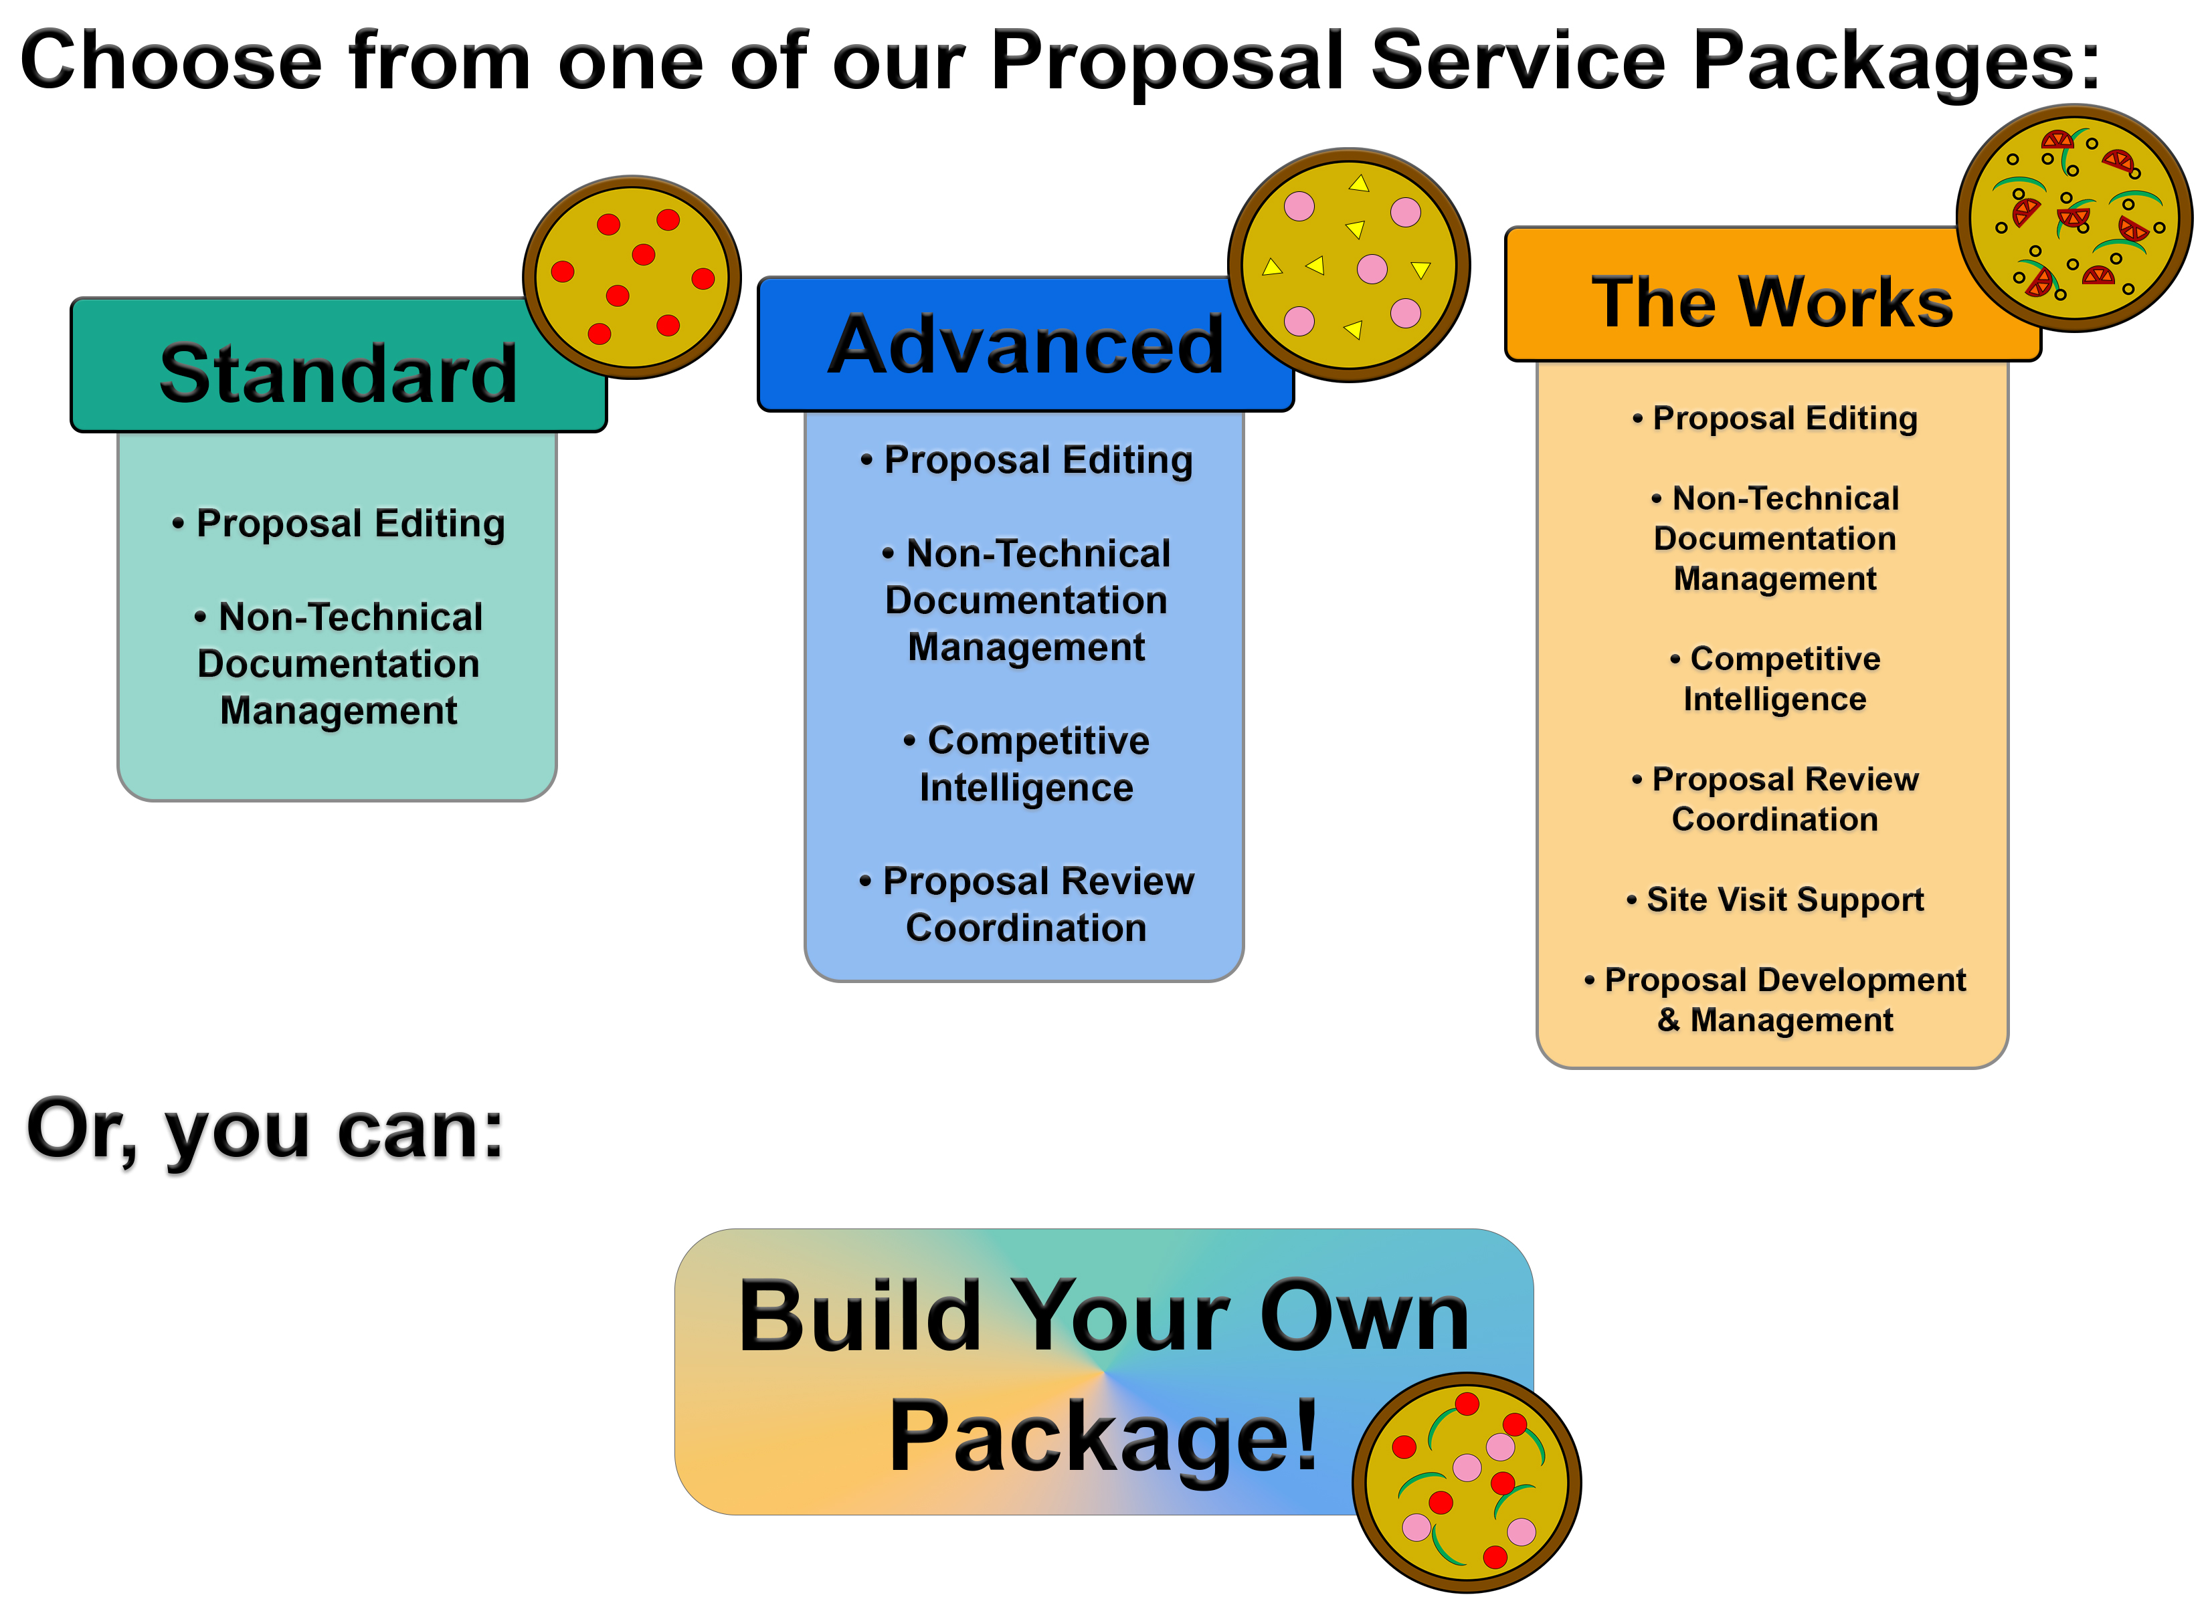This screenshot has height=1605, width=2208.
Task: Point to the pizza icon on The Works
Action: click(x=2074, y=218)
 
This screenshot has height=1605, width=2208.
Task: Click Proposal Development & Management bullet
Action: click(x=1776, y=1000)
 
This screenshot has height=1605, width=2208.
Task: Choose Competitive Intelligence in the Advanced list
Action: click(x=1026, y=764)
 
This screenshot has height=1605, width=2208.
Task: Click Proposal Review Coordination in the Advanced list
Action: click(x=1026, y=904)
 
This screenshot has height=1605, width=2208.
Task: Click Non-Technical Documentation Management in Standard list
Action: click(x=339, y=664)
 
